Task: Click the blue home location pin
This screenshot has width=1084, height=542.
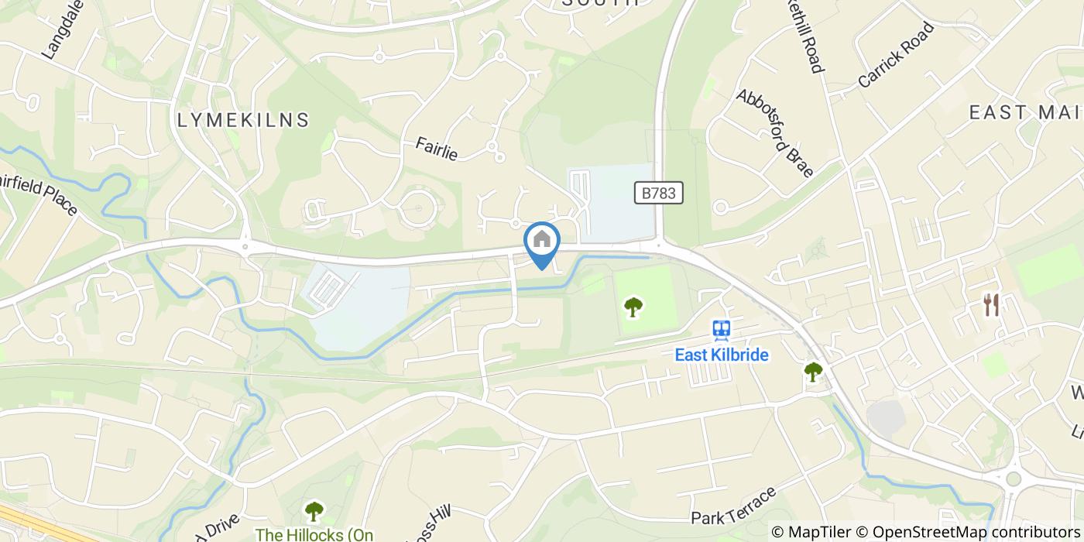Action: tap(542, 242)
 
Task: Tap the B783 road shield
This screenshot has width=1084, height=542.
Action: tap(660, 193)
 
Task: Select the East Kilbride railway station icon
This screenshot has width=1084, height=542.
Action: tap(722, 331)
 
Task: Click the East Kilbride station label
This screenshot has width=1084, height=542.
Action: tap(722, 355)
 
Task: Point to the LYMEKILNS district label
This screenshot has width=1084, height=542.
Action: tap(243, 120)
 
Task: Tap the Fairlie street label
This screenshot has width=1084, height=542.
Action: tap(436, 149)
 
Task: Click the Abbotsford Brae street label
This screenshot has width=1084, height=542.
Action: tap(774, 133)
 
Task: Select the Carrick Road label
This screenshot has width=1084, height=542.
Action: tap(897, 54)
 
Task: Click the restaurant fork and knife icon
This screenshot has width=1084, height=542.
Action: tap(991, 305)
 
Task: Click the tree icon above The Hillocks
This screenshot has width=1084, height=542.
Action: tap(314, 510)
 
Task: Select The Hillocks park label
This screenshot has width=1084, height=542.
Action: tap(314, 534)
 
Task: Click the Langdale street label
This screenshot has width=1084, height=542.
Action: tap(62, 31)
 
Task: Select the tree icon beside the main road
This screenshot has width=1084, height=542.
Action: tap(812, 372)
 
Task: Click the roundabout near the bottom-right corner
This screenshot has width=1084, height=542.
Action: tap(1014, 479)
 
